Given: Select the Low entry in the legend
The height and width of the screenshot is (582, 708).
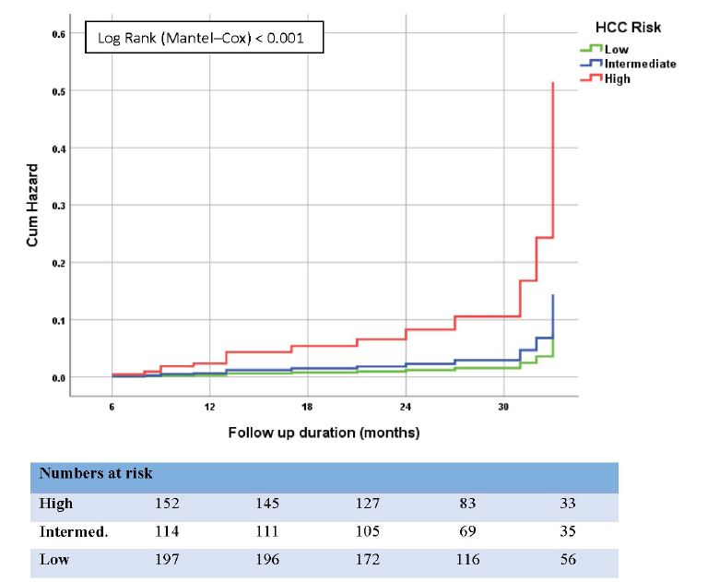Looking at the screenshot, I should (x=616, y=49).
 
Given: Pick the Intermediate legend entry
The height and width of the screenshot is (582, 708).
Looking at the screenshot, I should (x=639, y=64).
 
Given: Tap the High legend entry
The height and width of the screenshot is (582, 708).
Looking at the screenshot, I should (x=617, y=78).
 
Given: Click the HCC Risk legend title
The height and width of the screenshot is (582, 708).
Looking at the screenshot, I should (x=626, y=28).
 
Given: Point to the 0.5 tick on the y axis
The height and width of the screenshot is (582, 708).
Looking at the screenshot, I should (x=58, y=90).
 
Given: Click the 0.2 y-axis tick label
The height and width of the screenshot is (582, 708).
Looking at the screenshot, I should (x=58, y=263).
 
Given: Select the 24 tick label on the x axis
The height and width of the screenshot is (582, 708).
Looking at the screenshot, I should (x=406, y=406).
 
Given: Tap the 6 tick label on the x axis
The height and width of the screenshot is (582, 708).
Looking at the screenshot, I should (x=112, y=406).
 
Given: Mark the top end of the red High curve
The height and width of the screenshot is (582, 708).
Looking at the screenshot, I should (x=552, y=83).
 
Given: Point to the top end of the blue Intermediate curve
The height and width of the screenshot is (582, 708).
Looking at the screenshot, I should (x=552, y=295).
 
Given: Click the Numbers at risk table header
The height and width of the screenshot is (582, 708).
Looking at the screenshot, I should (x=96, y=473).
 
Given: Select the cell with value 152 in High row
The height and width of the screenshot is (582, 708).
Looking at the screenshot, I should (x=166, y=504).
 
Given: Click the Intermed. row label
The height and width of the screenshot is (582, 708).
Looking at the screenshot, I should (x=72, y=532).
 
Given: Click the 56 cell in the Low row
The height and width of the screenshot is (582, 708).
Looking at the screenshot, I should (x=566, y=560).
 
